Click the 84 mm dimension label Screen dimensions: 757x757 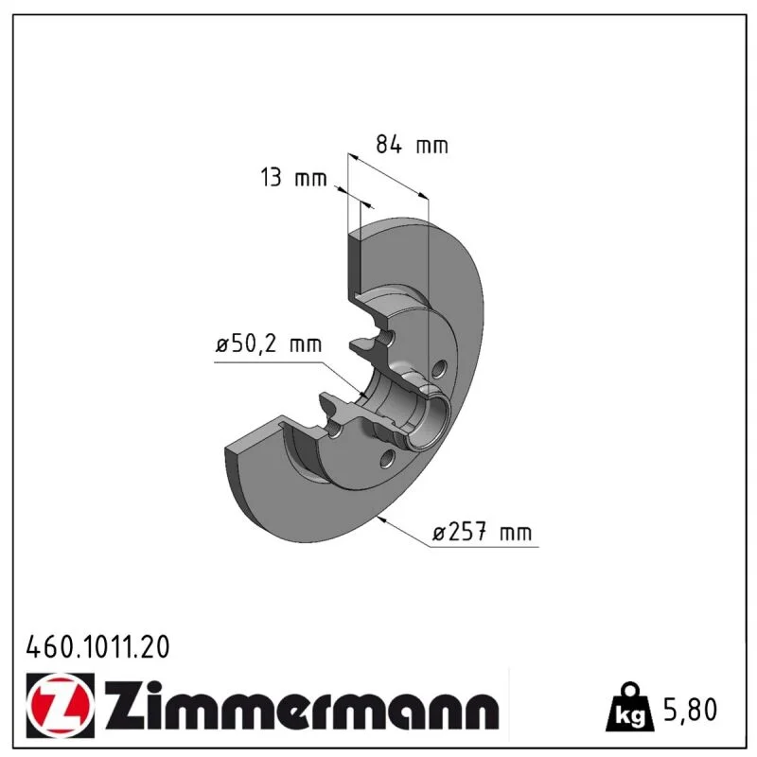click(x=412, y=145)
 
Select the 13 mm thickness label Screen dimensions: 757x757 click(x=293, y=177)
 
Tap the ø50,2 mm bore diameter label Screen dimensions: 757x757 click(x=269, y=344)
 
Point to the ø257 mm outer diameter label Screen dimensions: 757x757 click(x=482, y=532)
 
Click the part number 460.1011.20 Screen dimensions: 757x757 click(x=98, y=647)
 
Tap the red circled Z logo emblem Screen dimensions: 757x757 click(x=61, y=705)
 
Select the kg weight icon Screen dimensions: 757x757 click(x=630, y=707)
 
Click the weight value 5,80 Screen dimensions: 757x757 click(x=691, y=710)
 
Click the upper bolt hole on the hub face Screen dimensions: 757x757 click(x=438, y=369)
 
